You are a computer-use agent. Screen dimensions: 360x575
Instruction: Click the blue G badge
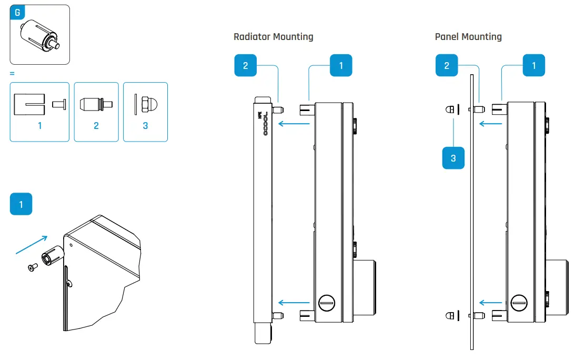[17, 13]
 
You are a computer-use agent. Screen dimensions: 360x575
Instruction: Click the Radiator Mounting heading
[273, 37]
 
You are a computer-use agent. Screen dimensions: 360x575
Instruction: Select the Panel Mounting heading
[468, 37]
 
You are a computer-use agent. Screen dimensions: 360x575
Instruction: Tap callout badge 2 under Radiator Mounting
[245, 66]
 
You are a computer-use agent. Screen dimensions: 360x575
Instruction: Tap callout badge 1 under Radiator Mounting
[341, 66]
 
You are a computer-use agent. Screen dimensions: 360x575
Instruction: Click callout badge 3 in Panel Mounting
[453, 157]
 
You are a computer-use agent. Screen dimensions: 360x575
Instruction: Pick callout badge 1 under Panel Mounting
[534, 66]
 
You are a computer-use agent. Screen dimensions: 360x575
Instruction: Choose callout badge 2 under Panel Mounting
[447, 66]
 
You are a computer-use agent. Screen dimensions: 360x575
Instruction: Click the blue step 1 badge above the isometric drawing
[21, 204]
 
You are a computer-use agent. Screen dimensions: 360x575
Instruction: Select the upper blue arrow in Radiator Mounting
[293, 124]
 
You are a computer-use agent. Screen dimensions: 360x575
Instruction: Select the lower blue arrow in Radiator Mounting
[293, 303]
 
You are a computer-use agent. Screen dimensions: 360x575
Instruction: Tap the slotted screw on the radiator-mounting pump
[327, 303]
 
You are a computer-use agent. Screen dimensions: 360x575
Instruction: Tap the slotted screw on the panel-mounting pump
[519, 303]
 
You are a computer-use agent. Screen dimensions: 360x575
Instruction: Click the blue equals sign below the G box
[12, 74]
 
